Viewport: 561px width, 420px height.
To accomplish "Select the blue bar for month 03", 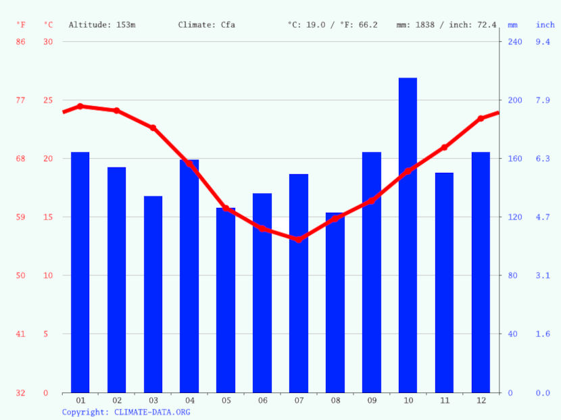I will tap(153, 294).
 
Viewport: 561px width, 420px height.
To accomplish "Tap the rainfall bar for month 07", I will tap(299, 284).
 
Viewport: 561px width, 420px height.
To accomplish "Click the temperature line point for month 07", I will tap(299, 240).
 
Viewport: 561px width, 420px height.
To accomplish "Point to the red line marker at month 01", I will tap(80, 106).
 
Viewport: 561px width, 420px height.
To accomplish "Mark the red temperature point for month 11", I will tap(444, 147).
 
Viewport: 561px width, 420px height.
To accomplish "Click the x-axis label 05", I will tap(226, 400).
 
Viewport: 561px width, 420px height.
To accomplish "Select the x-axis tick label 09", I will tap(372, 400).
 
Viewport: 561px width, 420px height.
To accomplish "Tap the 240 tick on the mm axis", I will tap(515, 42).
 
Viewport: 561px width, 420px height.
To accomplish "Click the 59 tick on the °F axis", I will tap(21, 217).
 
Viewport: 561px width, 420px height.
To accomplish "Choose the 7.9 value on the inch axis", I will tap(543, 100).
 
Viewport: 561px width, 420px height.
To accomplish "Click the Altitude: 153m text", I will tap(102, 25).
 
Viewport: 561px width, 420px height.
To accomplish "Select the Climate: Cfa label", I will tap(207, 25).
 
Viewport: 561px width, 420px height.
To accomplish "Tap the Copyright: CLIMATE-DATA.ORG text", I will tap(126, 412).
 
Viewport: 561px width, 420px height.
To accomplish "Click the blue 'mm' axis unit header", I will tap(513, 25).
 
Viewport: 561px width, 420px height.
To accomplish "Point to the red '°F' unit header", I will tap(21, 25).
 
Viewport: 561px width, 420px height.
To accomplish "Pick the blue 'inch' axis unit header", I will tap(545, 25).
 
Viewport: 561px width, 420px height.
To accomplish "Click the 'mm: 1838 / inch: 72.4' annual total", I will tap(446, 25).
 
